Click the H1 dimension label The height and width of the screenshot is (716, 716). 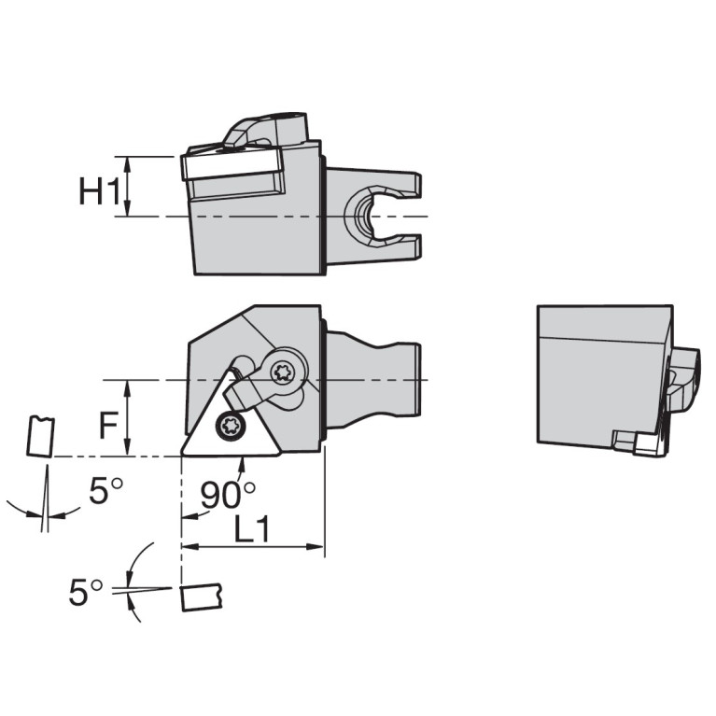tap(99, 192)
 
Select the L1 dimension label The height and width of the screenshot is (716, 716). tap(251, 530)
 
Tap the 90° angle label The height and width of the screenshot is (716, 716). tap(228, 495)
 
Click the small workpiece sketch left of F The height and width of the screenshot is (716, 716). tap(40, 436)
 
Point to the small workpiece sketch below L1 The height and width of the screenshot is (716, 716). tap(200, 596)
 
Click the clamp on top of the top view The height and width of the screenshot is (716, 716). tap(263, 130)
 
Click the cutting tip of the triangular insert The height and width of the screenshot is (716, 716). tap(184, 455)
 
